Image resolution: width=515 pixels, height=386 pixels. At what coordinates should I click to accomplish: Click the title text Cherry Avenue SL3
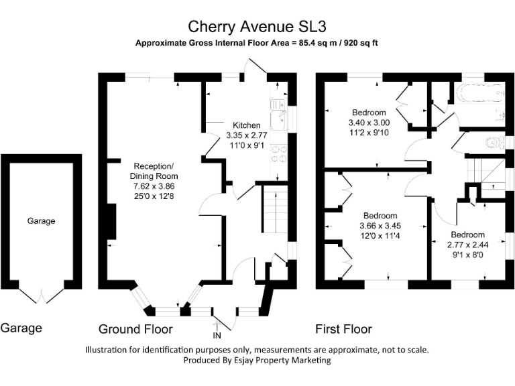pos(257,26)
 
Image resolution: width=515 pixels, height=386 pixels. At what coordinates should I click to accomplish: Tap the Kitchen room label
pos(246,125)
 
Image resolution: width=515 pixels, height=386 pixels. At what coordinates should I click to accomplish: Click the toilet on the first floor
pos(495,141)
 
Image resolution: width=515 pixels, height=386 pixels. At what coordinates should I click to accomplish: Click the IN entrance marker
pos(217,334)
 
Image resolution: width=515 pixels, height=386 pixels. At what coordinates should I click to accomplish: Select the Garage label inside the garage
pos(41,220)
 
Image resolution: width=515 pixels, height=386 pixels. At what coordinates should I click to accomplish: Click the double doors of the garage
pos(42,294)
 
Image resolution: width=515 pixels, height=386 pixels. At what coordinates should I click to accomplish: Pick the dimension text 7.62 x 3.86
pos(154,186)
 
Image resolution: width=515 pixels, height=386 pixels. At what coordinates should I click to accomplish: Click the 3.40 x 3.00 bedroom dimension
pos(367,123)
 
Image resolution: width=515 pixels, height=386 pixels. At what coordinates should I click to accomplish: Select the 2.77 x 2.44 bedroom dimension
pos(467,245)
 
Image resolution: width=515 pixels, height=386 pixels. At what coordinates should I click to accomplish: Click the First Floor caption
pos(343,329)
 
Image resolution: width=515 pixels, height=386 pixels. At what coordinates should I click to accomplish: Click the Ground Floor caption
pos(135,329)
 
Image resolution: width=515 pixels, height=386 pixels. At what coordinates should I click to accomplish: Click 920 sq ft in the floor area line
pos(357,43)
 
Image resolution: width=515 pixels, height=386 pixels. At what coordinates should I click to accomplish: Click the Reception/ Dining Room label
pos(154,171)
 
